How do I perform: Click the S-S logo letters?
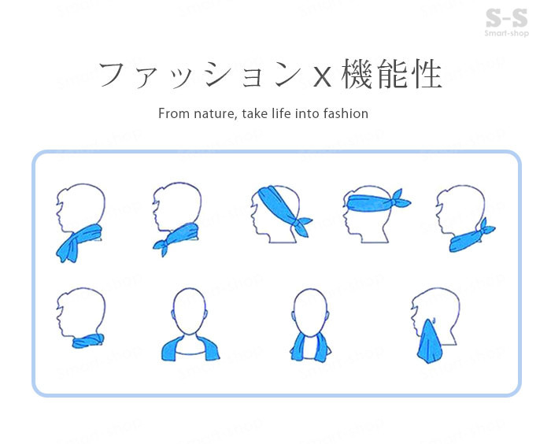(506, 18)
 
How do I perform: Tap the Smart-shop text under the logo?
(506, 33)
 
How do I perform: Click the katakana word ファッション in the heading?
(200, 74)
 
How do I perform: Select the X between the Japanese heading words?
(322, 77)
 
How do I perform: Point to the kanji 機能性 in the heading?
(391, 73)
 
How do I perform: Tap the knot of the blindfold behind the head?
(400, 201)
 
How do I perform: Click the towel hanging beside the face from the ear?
(430, 342)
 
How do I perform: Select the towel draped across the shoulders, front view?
(190, 349)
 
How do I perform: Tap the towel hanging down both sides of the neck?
(310, 347)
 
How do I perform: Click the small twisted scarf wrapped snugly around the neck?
(88, 341)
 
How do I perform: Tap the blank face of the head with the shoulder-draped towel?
(189, 310)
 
